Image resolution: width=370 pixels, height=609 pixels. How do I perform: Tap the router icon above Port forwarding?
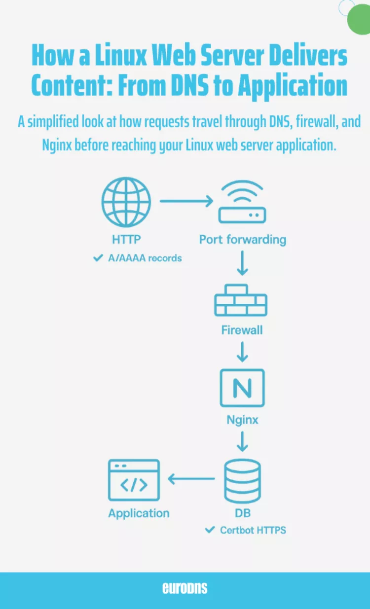point(242,202)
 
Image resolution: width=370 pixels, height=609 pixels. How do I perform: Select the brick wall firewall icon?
point(241,300)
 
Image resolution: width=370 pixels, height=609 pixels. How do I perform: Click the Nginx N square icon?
point(242,388)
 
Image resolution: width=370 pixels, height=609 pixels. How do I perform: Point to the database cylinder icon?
point(242,480)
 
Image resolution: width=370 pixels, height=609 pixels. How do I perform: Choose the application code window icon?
point(134,480)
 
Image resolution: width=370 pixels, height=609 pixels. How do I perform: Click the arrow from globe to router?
point(186,201)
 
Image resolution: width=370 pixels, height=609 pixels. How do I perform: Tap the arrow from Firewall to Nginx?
point(242,351)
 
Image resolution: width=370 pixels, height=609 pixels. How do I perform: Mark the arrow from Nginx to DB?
point(242,441)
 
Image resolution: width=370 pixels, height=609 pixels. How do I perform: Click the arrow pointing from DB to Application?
point(191,478)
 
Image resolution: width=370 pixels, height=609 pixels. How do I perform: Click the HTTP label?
point(126,240)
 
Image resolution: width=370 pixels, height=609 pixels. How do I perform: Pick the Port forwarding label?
point(242,240)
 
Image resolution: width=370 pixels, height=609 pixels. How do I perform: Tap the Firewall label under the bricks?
point(242,330)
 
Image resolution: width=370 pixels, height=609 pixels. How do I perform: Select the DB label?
point(242,513)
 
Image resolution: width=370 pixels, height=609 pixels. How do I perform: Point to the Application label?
point(139,513)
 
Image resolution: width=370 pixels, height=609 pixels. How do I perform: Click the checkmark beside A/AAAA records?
point(98,257)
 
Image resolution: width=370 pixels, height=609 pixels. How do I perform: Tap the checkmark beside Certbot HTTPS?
point(210,530)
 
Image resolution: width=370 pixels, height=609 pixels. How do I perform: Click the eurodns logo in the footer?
point(185,588)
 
